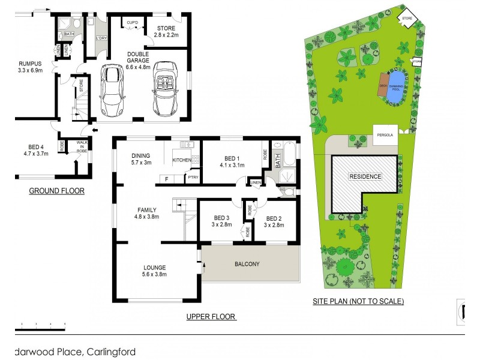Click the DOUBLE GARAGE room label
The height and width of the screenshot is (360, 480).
(x=142, y=58)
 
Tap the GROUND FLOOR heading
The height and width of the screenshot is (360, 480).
(x=56, y=191)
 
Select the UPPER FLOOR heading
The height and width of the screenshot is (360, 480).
(x=211, y=317)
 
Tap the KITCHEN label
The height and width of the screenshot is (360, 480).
(x=182, y=161)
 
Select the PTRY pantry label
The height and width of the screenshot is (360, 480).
(x=193, y=178)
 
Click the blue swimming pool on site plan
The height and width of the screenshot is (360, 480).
(x=396, y=82)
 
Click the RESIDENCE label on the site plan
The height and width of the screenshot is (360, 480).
(x=365, y=177)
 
